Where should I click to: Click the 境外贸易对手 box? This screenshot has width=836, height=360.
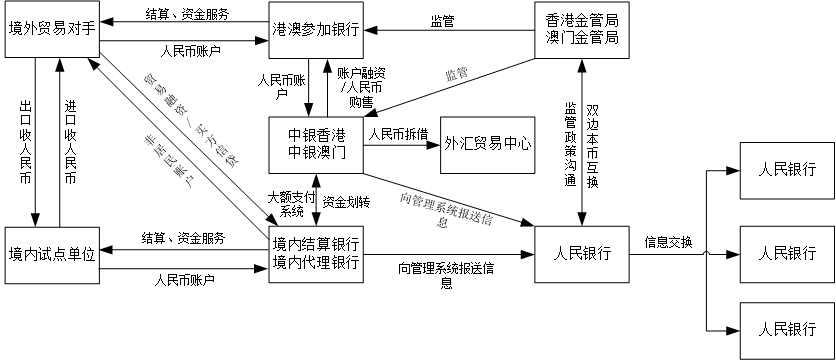(x=50, y=31)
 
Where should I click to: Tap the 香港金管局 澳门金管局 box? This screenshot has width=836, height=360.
(x=582, y=30)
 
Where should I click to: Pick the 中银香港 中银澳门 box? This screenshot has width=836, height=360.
(x=315, y=144)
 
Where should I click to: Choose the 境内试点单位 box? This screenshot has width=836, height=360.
(x=50, y=254)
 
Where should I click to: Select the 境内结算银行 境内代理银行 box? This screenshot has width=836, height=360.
(x=315, y=254)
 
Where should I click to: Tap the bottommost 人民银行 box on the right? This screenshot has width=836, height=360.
(x=785, y=329)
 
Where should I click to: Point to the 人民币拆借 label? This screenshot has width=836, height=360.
(x=399, y=133)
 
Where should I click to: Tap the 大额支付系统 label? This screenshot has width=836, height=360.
(x=291, y=203)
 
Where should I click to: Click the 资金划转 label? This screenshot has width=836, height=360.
(x=346, y=202)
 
